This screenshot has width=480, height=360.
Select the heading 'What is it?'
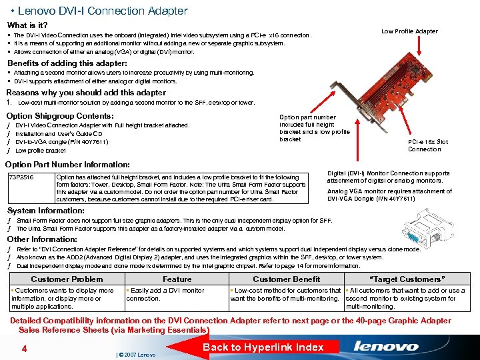tap(27, 25)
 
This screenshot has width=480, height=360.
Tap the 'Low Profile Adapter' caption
tap(409, 31)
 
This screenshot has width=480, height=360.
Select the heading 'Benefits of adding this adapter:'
tap(67, 63)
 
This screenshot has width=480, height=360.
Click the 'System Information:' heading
tap(45, 211)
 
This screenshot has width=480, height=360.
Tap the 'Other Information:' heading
tap(42, 239)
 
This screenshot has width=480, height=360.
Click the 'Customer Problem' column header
tap(67, 279)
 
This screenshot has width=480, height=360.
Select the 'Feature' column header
tap(177, 279)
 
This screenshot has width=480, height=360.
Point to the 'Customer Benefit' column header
tap(286, 279)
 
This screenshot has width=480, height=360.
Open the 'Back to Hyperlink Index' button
tap(263, 347)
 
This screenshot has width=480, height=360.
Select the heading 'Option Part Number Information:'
tap(67, 164)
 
